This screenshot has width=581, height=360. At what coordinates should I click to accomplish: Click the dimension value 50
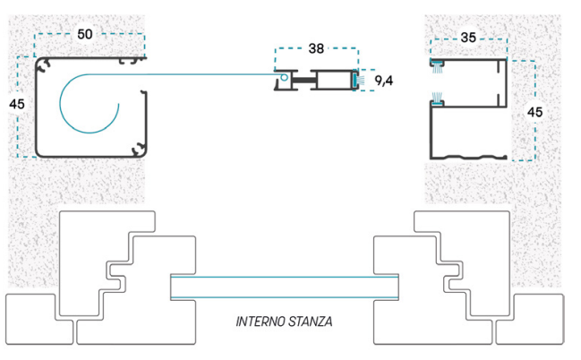point(85,34)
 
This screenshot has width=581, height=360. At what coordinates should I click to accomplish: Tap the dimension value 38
point(316,48)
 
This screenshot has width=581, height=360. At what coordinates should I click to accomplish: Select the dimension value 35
point(468,37)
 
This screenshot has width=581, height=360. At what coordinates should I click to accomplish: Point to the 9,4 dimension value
point(384,80)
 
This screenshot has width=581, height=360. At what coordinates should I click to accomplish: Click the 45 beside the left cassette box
point(17,104)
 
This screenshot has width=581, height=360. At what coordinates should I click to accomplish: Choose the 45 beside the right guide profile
point(534,112)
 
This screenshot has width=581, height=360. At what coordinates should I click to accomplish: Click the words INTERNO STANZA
point(284,321)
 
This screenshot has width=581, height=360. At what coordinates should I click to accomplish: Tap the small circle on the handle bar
point(284,78)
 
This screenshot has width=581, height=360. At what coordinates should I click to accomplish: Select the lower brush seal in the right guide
point(437,99)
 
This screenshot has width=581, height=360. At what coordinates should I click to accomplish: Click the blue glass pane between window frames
point(285,287)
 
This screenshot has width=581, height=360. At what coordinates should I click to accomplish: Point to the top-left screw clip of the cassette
point(45,65)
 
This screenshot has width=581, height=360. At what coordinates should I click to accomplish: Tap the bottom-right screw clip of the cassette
point(138,149)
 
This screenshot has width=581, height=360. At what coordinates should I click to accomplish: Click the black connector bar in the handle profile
point(304,80)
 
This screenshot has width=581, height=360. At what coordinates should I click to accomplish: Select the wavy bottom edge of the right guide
point(468,157)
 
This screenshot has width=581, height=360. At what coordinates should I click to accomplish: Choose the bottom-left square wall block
point(38,319)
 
